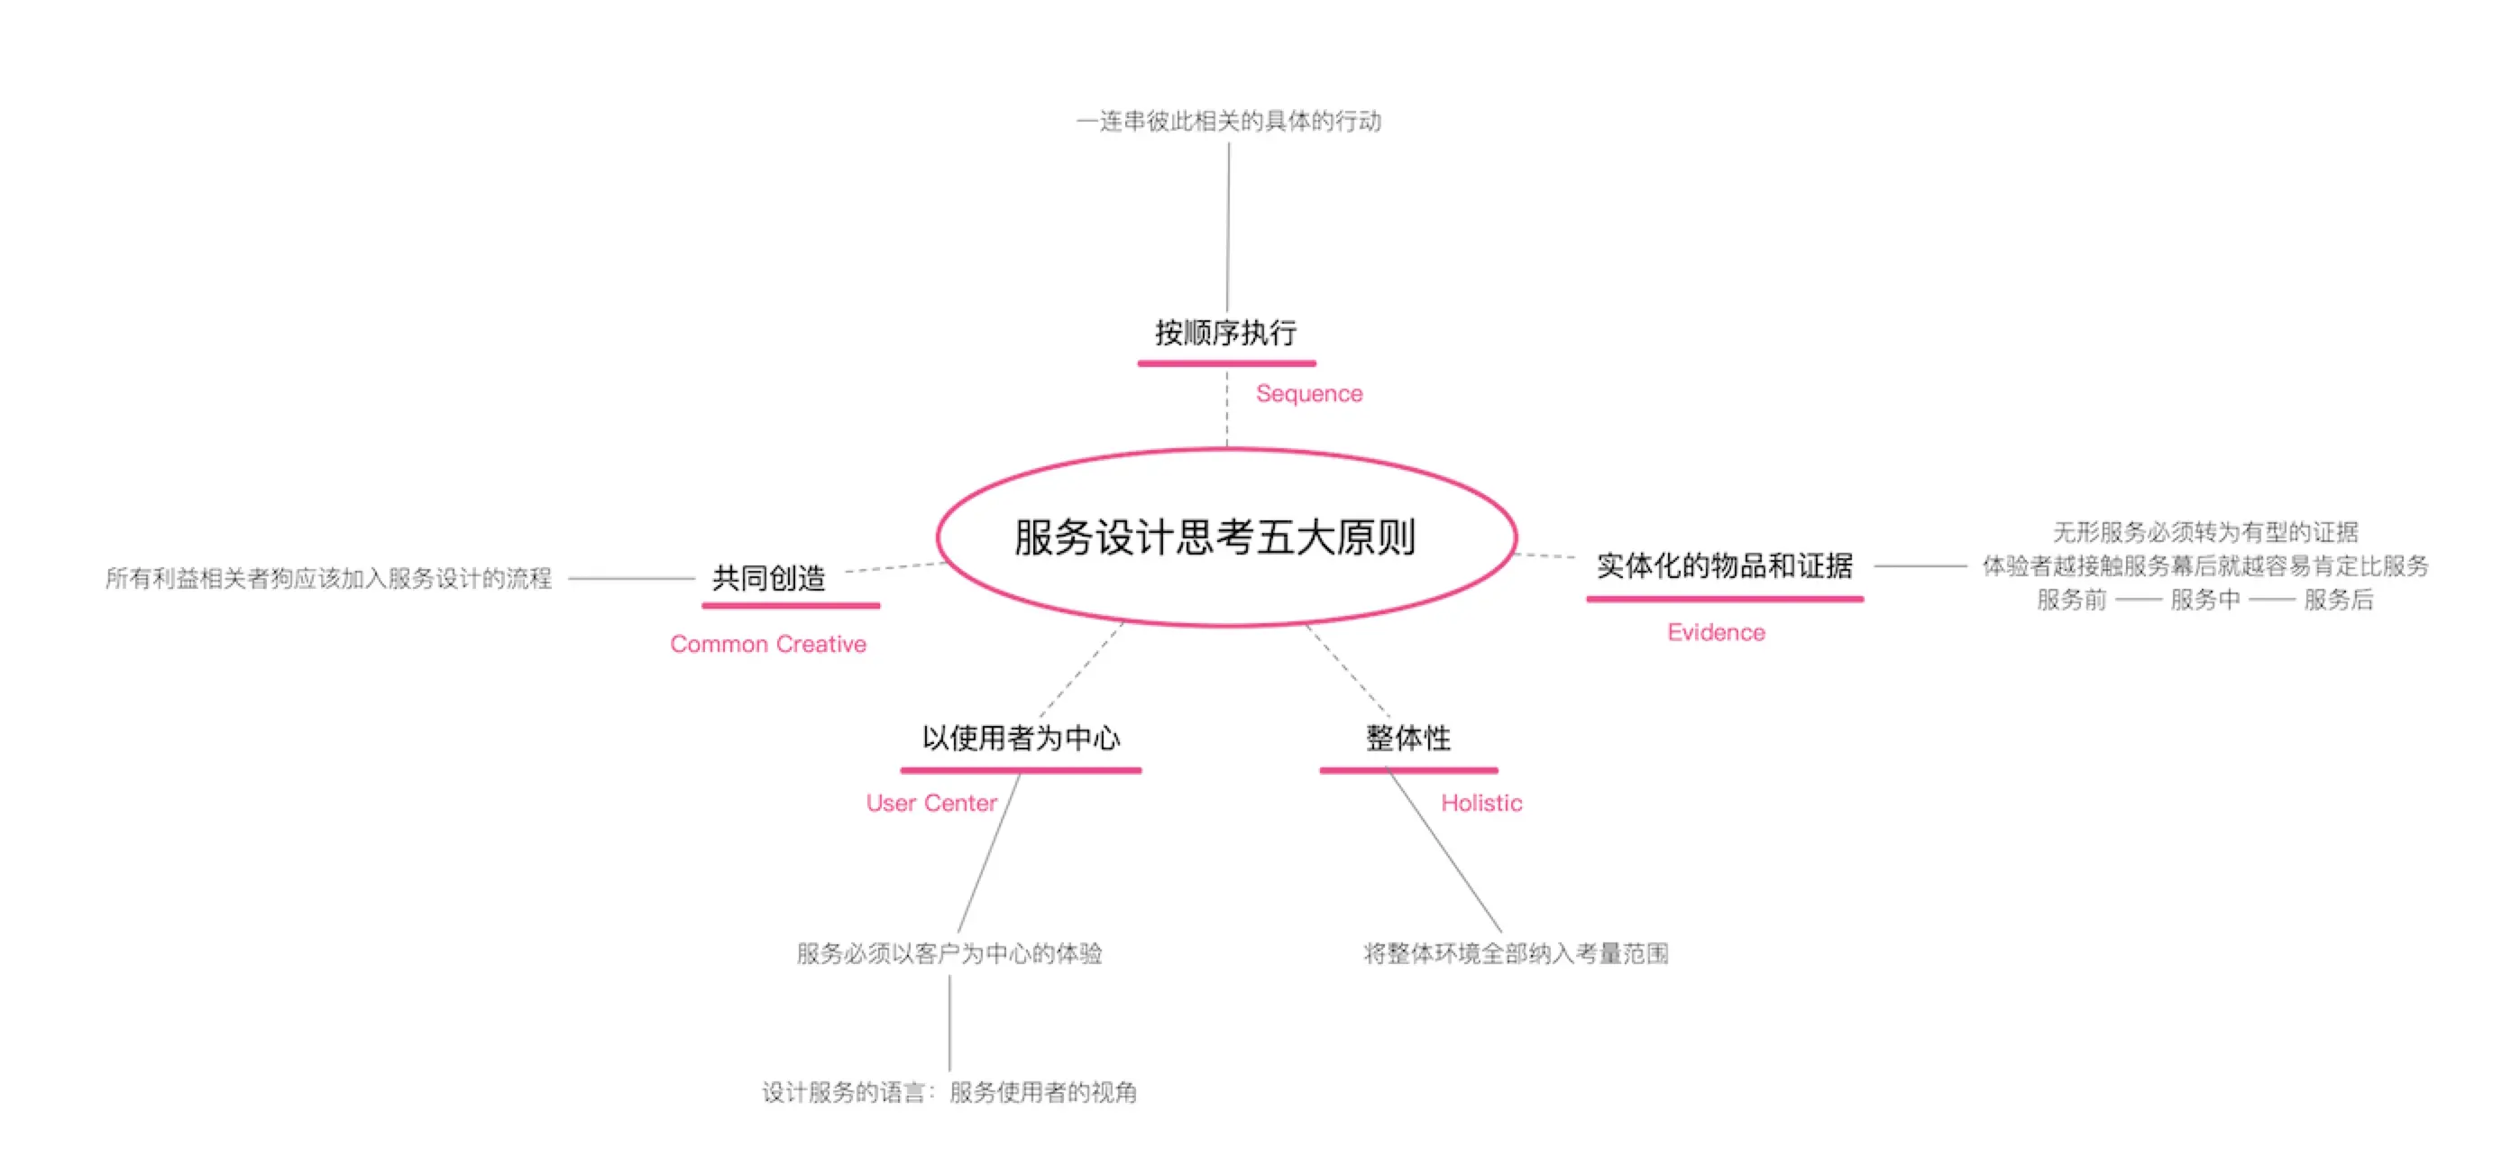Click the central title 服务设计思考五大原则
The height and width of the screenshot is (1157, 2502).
tap(1214, 537)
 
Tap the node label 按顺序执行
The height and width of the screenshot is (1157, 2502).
tap(1225, 333)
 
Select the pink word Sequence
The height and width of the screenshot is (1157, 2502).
tap(1308, 393)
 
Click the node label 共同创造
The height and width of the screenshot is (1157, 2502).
tap(768, 578)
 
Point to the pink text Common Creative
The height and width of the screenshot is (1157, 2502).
tap(767, 644)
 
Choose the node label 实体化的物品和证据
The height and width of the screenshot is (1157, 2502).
tap(1724, 565)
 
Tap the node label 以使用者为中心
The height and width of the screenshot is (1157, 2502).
tap(1021, 739)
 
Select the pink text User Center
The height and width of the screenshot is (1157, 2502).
tap(930, 803)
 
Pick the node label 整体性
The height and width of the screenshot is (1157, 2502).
tap(1407, 739)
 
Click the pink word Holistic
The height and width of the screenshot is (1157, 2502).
tap(1480, 803)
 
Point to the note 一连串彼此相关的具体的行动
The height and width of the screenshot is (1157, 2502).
tap(1229, 122)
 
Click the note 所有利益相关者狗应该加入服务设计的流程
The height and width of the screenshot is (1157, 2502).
tap(328, 579)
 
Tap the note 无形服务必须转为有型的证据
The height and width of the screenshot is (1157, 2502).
tap(2204, 532)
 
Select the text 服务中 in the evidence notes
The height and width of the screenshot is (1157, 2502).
tap(2204, 601)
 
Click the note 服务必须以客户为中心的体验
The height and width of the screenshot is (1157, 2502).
tap(949, 954)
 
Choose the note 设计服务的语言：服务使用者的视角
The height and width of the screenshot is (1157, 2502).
tap(949, 1093)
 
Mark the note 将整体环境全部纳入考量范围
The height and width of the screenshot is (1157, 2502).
tap(1516, 954)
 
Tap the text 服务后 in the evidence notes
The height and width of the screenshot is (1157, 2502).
tap(2338, 601)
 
